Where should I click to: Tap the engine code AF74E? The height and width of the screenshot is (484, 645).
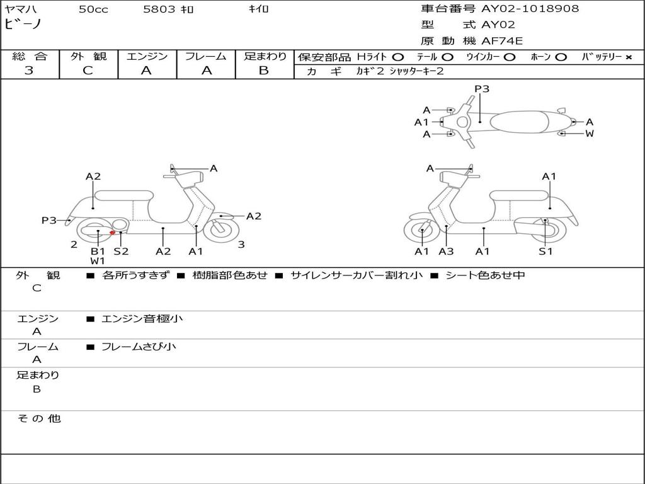[x=502, y=41]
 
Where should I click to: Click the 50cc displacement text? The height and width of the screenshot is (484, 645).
[x=93, y=9]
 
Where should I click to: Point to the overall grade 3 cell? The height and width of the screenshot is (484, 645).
[x=29, y=71]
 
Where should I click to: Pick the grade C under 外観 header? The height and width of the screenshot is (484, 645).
[x=88, y=71]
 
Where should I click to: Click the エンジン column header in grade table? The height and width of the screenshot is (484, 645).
[x=147, y=56]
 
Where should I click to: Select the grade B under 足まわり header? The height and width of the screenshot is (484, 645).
[x=264, y=71]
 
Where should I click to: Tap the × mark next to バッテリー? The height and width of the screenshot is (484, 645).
[x=628, y=57]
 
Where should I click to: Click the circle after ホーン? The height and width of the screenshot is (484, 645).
[x=561, y=57]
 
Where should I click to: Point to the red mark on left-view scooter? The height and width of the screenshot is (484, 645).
[x=112, y=233]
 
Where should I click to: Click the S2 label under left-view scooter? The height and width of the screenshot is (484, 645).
[x=121, y=251]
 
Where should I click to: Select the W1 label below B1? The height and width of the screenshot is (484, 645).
[x=98, y=260]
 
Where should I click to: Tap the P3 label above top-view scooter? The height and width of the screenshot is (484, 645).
[x=482, y=89]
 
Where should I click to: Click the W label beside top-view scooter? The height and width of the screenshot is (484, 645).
[x=590, y=134]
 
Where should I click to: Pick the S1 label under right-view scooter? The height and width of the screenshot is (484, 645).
[x=545, y=251]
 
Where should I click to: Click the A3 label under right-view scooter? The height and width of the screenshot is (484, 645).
[x=447, y=251]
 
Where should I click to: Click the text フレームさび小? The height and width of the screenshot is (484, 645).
[x=139, y=347]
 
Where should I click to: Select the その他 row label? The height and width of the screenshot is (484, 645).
[x=38, y=418]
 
